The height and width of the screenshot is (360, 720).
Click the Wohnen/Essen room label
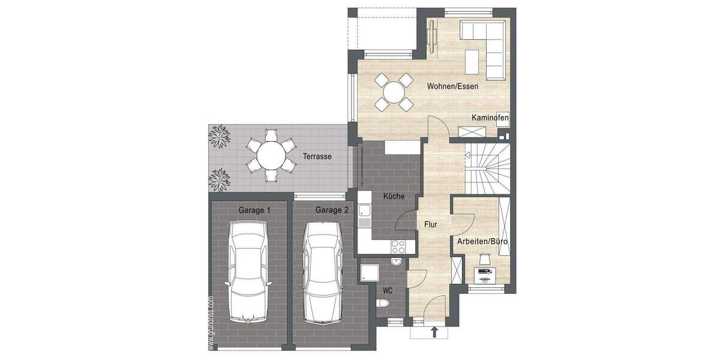click(452, 86)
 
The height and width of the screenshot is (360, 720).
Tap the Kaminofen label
click(490, 118)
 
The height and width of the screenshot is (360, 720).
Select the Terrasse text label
click(317, 157)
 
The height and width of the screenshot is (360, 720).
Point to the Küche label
click(394, 196)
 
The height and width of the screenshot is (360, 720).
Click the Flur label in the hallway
click(430, 224)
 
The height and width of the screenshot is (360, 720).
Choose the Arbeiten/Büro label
click(482, 241)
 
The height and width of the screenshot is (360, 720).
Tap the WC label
click(388, 290)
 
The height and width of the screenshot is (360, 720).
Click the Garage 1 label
click(254, 210)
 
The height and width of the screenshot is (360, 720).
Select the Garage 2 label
click(332, 210)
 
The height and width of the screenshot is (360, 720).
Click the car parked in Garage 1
click(248, 270)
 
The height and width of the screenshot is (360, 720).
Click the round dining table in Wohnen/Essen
click(394, 92)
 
